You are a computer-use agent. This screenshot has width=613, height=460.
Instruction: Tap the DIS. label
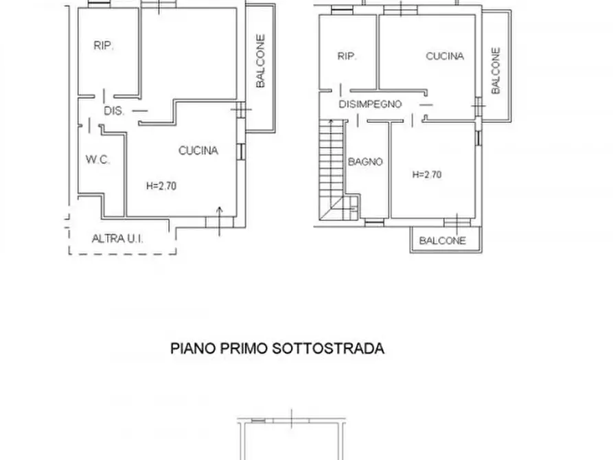click(x=114, y=111)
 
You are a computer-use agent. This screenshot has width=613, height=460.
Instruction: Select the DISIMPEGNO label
click(x=370, y=104)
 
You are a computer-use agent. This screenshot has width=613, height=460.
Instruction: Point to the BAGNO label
click(x=365, y=162)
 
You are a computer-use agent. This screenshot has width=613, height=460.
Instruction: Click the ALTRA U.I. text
click(x=122, y=239)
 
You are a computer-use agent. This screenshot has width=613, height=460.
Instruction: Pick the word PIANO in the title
click(x=192, y=349)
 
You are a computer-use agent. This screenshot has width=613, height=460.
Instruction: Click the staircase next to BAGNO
click(x=332, y=168)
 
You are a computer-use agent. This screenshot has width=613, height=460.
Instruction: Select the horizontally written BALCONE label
click(x=443, y=240)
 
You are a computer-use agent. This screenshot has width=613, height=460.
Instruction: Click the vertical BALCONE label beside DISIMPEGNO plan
click(x=496, y=70)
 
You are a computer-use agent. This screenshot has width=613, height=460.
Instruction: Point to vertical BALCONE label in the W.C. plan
click(x=260, y=62)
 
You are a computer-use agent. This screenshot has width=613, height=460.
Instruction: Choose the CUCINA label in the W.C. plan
click(x=198, y=150)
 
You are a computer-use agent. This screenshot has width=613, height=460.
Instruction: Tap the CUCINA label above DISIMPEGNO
click(x=445, y=56)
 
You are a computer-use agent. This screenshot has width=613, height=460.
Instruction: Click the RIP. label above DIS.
click(x=104, y=46)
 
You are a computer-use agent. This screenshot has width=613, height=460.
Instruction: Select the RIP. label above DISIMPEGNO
click(x=347, y=57)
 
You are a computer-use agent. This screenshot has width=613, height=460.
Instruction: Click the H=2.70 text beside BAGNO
click(x=426, y=174)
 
